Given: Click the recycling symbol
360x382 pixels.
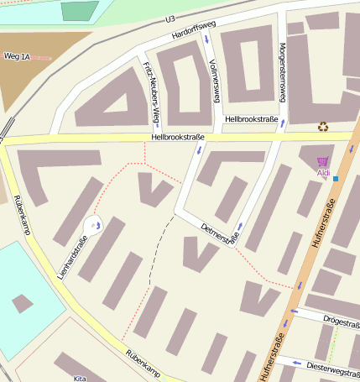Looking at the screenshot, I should tap(323, 127).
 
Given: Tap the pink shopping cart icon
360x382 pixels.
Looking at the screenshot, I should tap(322, 161).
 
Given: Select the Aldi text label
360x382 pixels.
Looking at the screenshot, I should tap(323, 173).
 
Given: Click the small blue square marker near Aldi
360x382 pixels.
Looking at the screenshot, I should tap(336, 179).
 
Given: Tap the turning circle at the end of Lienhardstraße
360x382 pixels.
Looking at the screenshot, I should tap(93, 224).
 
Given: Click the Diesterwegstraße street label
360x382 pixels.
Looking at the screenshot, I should tap(332, 366).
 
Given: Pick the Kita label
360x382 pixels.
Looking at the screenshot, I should tap(81, 378).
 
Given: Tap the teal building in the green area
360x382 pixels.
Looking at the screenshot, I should tap(80, 10).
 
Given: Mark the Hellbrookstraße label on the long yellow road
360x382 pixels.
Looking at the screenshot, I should tap(178, 137).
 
